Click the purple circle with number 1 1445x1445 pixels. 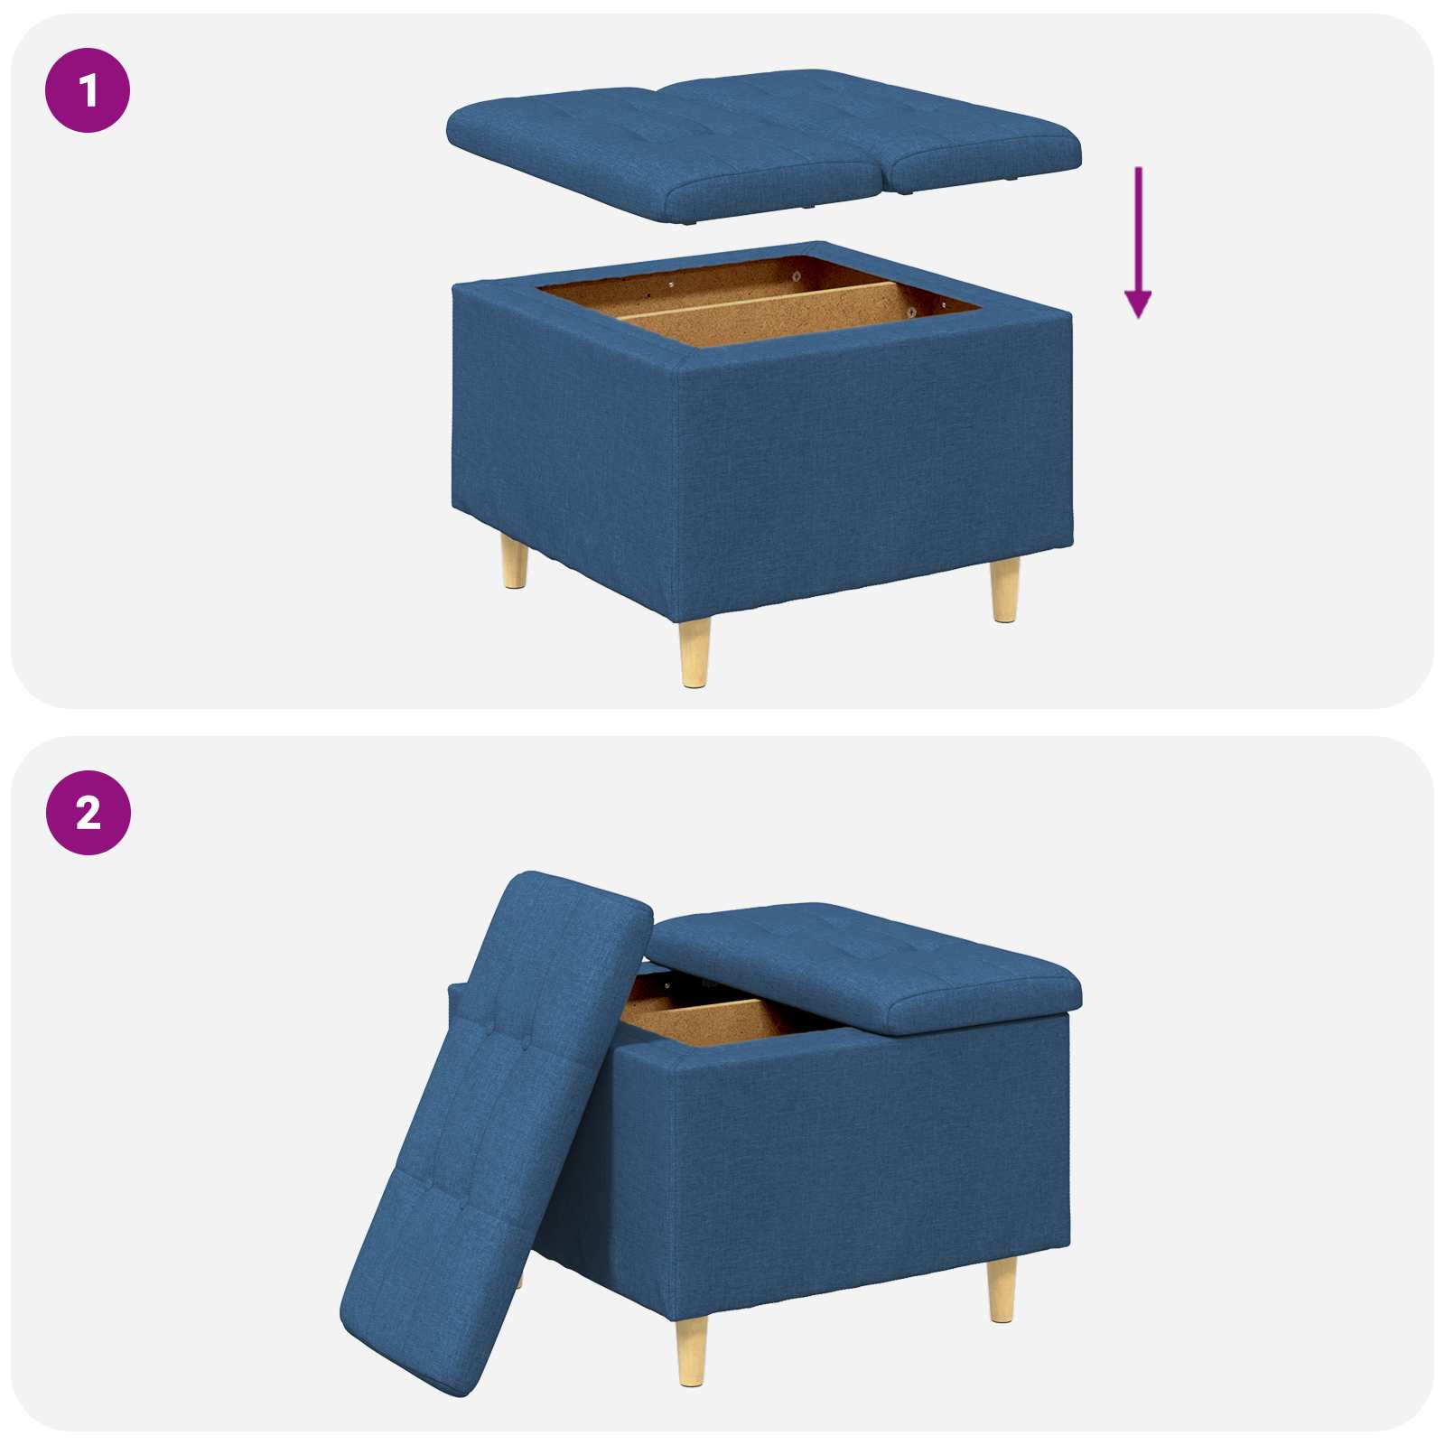coord(88,90)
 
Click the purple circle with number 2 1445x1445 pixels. coord(88,813)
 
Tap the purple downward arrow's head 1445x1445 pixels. coord(1138,304)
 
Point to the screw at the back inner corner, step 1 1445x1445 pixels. coord(797,274)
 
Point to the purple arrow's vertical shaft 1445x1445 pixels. coord(1138,226)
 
